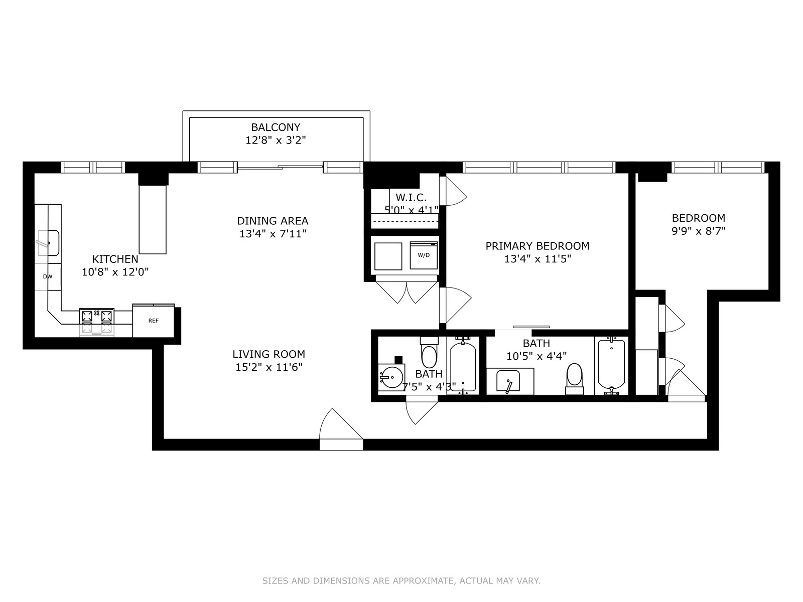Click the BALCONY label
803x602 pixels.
click(276, 127)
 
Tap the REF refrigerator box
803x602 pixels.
click(153, 321)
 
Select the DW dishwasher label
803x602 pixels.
click(48, 277)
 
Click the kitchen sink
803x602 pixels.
click(48, 243)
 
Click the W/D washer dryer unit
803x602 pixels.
click(424, 255)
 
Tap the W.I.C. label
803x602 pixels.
click(411, 198)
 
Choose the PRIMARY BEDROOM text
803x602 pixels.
click(538, 246)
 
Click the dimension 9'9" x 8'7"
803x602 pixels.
click(699, 231)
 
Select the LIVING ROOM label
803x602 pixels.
click(269, 354)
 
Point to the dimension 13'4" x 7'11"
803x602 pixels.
click(273, 234)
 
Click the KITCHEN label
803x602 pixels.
click(115, 259)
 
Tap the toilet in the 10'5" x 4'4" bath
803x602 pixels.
click(574, 379)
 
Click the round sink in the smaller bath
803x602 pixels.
click(391, 377)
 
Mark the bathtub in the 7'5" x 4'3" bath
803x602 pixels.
click(463, 366)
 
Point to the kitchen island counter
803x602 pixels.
click(153, 219)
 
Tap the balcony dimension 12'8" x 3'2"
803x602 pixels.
click(276, 140)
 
